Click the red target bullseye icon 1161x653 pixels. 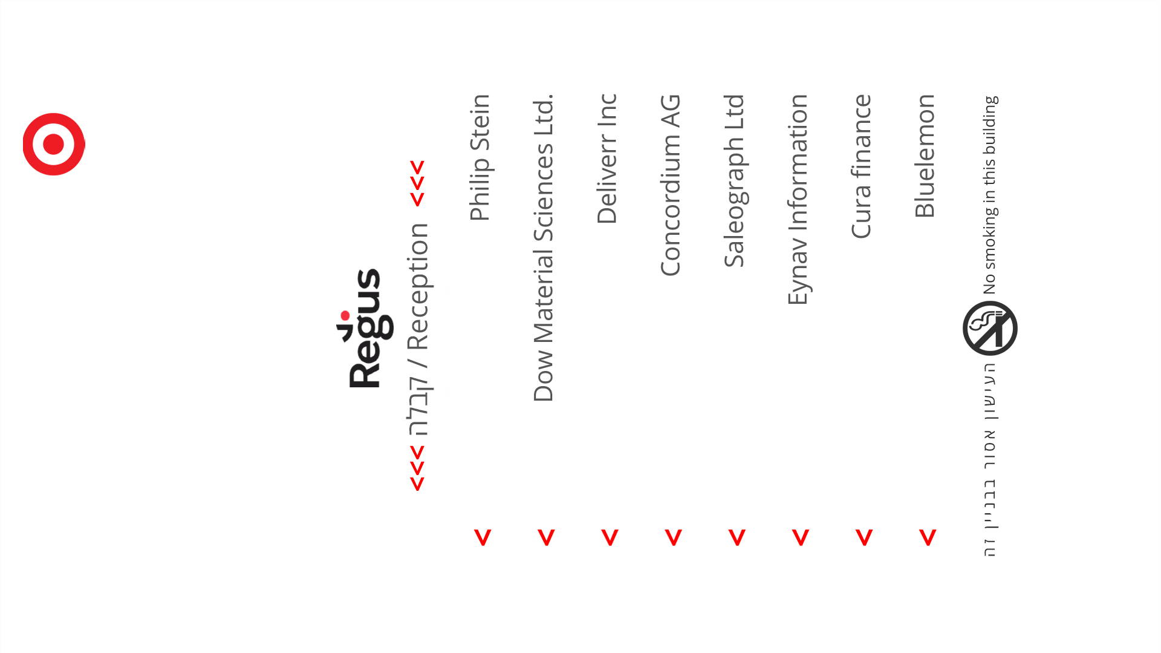coord(54,144)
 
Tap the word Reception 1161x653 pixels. coord(418,287)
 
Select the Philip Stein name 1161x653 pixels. coord(480,157)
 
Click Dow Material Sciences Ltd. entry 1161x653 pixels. coord(543,248)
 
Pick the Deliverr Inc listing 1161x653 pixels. coord(607,159)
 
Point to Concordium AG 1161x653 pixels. coord(671,185)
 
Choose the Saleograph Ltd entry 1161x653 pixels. coord(734,181)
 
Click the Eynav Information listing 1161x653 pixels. coord(798,199)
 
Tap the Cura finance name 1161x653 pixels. coord(862,166)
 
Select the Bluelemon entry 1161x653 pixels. coord(925,156)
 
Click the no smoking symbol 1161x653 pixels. coord(990,328)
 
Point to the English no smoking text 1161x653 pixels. coord(989,195)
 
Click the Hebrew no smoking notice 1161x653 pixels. coord(989,460)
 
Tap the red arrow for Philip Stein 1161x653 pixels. coord(483,537)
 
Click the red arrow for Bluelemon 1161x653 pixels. coord(928,537)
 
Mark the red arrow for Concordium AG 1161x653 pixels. coord(673,537)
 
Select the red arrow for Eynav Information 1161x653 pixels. coord(801,537)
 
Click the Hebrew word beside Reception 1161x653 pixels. coord(418,407)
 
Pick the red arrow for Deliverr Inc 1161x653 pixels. coord(610,537)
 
